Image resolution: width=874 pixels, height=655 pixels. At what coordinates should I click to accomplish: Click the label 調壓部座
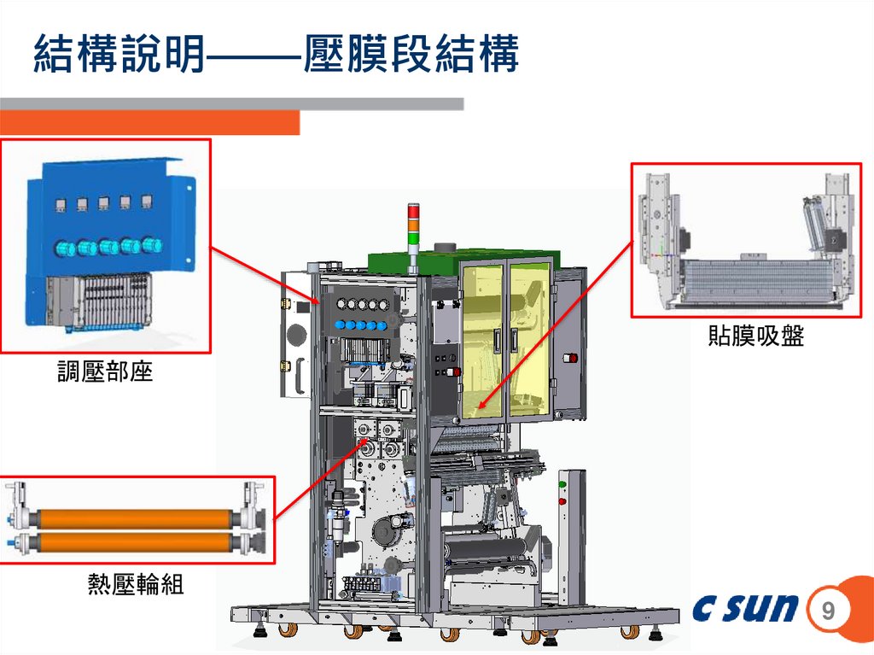(x=104, y=372)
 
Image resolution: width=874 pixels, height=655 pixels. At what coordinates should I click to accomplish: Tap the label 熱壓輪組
(x=136, y=585)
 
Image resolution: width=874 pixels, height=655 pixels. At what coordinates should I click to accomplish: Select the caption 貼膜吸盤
(x=755, y=336)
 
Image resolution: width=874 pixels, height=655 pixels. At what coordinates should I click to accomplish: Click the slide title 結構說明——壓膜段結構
(x=276, y=56)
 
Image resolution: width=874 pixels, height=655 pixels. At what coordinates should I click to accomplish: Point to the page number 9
(x=827, y=611)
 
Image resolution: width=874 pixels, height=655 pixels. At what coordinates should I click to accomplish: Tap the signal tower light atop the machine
(x=414, y=224)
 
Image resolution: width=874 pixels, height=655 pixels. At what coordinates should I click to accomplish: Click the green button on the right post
(x=562, y=485)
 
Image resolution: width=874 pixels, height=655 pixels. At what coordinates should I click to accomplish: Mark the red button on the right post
(x=562, y=500)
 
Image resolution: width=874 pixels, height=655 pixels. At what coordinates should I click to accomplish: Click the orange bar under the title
(x=149, y=123)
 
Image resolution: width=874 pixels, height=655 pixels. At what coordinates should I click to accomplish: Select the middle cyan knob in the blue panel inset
(x=108, y=248)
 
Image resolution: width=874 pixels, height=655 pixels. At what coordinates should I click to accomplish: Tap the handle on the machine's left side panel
(x=300, y=377)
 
